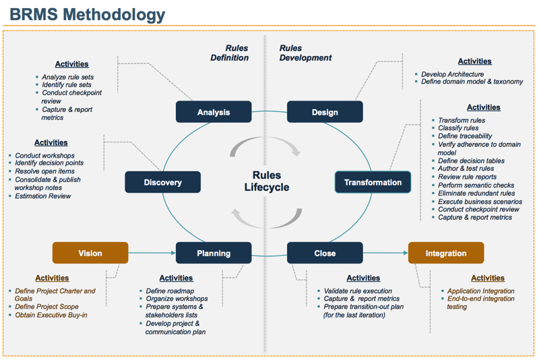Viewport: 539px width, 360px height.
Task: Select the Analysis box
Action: coord(214,112)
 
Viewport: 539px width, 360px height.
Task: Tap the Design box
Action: coord(325,112)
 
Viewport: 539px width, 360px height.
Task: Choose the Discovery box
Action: coord(162,182)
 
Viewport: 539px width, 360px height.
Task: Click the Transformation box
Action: coord(373,182)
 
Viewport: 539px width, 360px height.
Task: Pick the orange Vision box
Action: coord(90,253)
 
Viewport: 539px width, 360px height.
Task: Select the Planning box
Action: coord(214,253)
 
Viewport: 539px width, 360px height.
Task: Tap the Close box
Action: coord(325,253)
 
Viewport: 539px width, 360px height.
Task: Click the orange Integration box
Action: coord(445,253)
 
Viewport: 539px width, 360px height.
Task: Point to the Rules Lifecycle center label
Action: coord(266,181)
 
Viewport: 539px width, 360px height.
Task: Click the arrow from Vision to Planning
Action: coord(152,253)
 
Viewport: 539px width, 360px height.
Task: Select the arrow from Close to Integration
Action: coord(385,253)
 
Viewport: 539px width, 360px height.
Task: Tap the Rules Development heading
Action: coord(305,53)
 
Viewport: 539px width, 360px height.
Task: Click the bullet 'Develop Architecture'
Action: coord(453,73)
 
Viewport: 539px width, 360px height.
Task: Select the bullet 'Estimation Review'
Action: coord(43,196)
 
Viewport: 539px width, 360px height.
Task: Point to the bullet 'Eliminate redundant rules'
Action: coord(476,193)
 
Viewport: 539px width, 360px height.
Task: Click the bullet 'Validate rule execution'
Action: coord(358,291)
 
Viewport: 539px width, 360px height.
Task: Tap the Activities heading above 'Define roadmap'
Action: coord(176,278)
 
